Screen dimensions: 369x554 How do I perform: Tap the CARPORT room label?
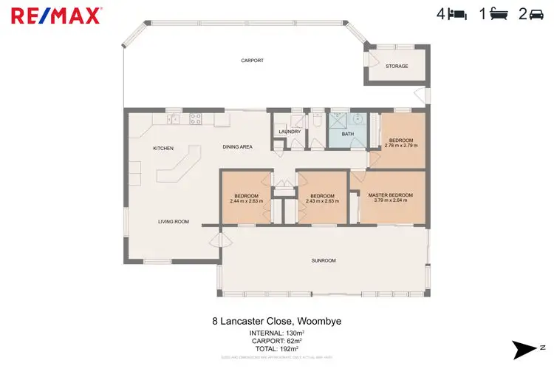[x=252, y=61]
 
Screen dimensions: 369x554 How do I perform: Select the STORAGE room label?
[x=397, y=67]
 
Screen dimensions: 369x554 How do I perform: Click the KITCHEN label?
[x=163, y=148]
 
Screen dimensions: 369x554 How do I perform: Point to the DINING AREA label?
[x=238, y=147]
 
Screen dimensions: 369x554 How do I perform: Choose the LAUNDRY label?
[x=290, y=132]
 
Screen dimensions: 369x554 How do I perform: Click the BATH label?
[x=347, y=134]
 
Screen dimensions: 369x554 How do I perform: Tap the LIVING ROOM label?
[x=174, y=221]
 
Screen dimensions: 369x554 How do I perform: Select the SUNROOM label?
[x=324, y=260]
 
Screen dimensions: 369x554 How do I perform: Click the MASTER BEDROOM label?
[x=391, y=194]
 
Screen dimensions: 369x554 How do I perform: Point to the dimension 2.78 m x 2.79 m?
[x=401, y=146]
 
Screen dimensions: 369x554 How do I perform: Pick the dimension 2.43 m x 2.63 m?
[x=321, y=201]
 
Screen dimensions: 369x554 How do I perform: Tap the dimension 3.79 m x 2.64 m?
[x=391, y=200]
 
